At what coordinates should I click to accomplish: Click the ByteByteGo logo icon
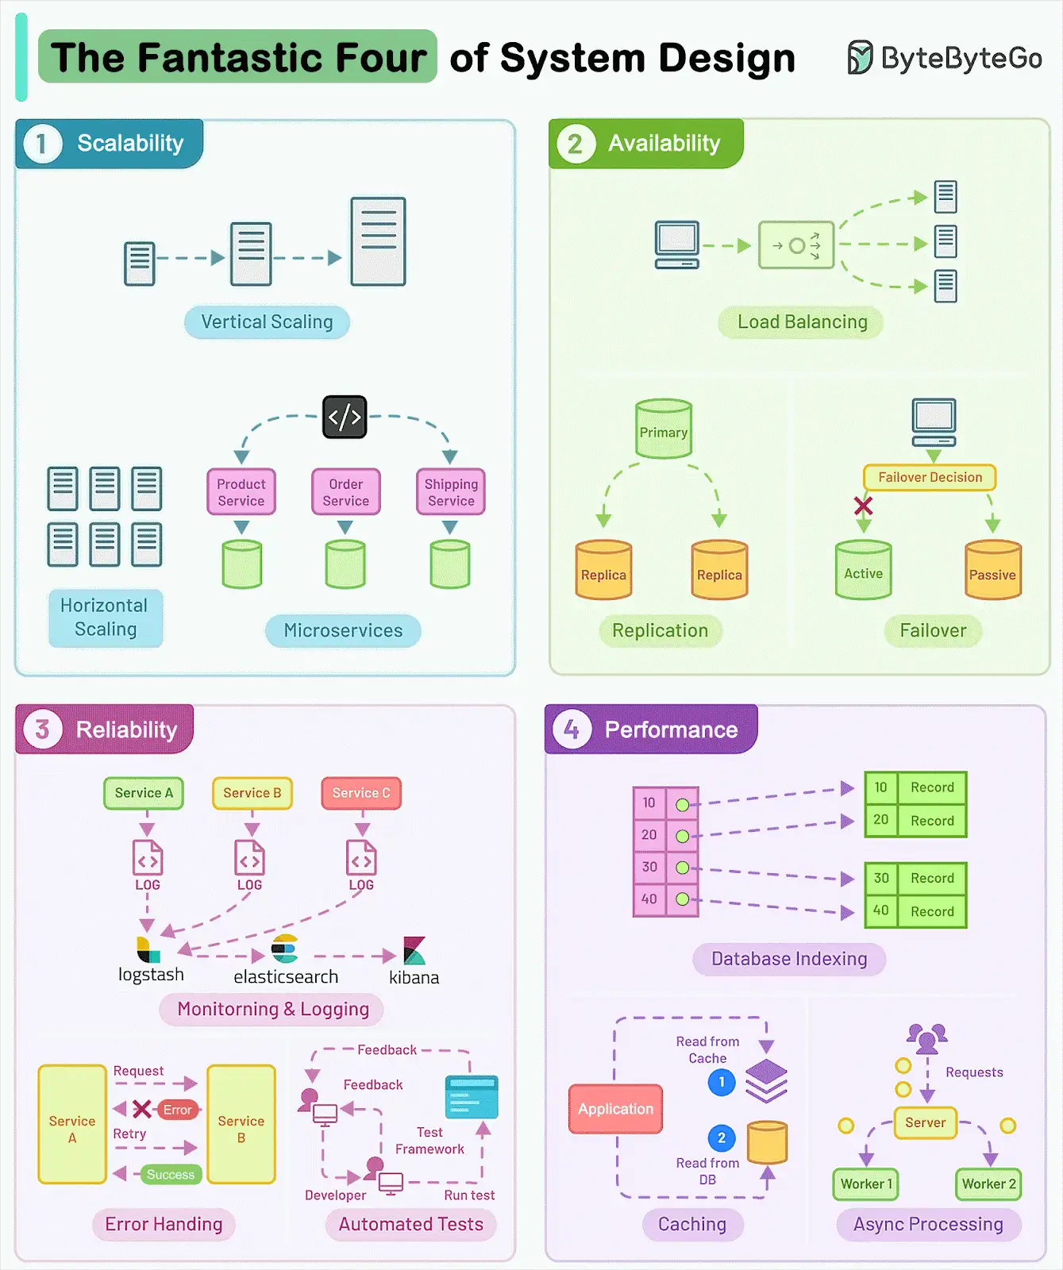coord(860,57)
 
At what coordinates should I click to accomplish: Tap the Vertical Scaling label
coord(267,321)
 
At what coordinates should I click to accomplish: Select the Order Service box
coord(345,492)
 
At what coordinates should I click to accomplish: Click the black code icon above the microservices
coord(345,417)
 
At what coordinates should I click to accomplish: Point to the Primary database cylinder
coord(664,429)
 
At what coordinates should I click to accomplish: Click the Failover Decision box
coord(930,477)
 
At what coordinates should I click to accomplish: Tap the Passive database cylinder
coord(992,570)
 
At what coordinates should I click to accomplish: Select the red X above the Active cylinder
coord(863,506)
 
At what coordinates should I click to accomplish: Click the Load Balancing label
coord(802,321)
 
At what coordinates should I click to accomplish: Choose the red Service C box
coord(361,793)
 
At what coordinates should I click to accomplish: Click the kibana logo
coord(414,950)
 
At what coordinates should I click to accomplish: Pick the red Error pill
coord(177,1110)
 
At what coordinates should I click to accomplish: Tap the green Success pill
coord(170,1175)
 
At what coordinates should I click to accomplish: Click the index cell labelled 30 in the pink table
coord(649,867)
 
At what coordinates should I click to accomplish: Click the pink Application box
coord(615,1109)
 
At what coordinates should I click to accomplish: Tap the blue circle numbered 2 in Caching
coord(721,1138)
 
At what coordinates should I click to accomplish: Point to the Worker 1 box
coord(866,1184)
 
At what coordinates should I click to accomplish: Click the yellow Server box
coord(926,1123)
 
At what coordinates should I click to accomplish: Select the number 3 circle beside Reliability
coord(42,729)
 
